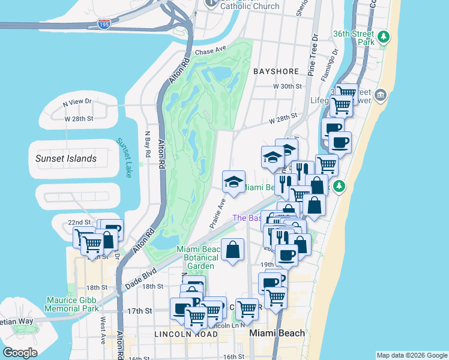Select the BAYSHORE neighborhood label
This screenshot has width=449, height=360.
point(276,71)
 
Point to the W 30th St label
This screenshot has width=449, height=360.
point(287,87)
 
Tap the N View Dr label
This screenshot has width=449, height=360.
point(77,103)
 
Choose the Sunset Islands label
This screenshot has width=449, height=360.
point(65,158)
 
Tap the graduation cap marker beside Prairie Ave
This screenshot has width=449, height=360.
point(234,181)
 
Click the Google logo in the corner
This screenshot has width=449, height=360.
point(20,352)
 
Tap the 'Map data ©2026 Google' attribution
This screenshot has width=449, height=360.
point(411,355)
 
